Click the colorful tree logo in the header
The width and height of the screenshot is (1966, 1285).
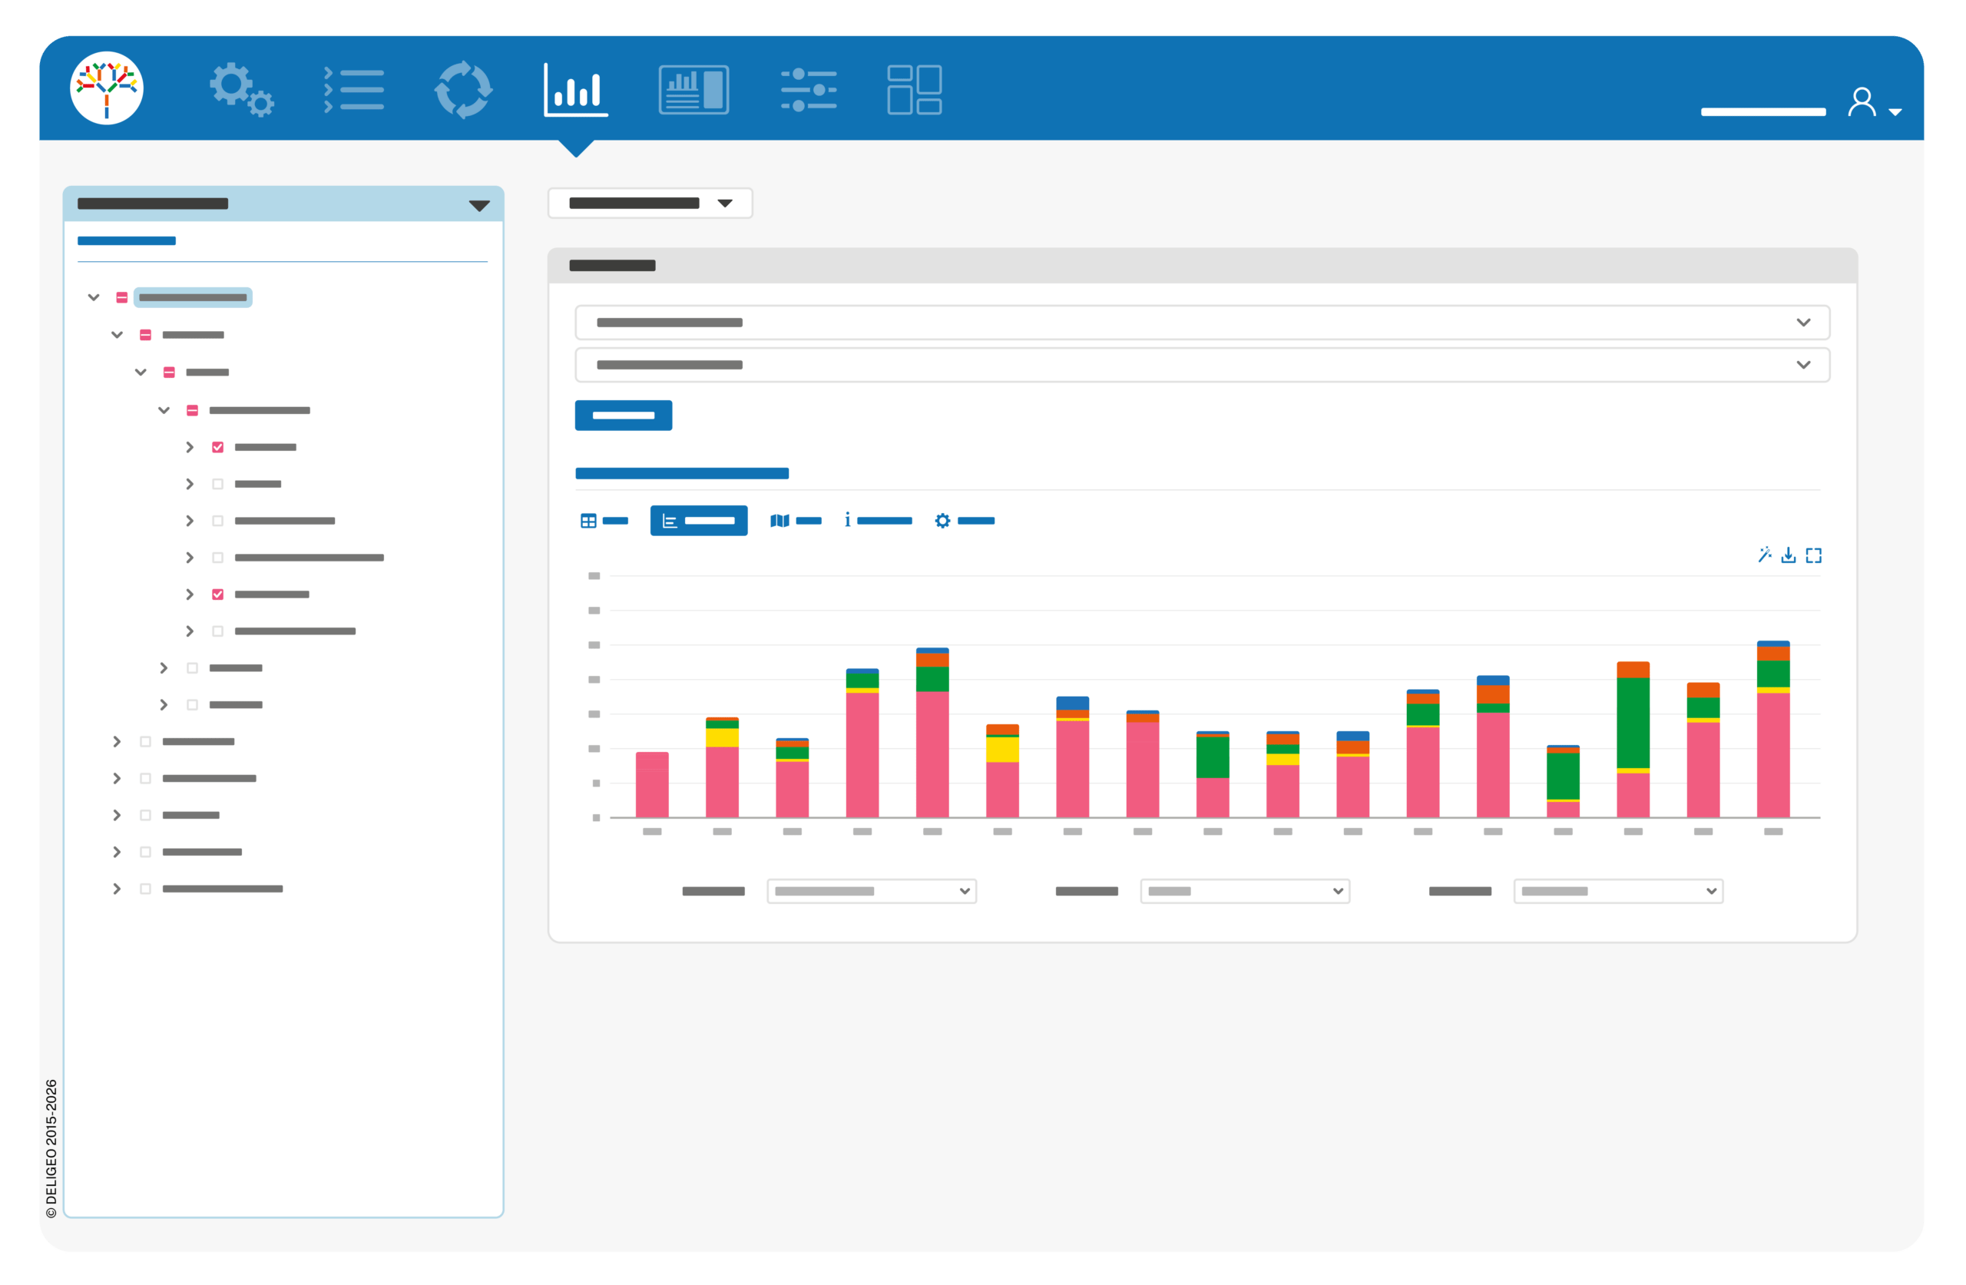point(107,88)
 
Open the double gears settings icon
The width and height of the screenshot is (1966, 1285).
point(241,89)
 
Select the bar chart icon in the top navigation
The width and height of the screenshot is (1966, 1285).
point(576,89)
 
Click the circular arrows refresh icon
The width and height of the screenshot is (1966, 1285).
point(463,89)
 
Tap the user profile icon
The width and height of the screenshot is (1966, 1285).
point(1862,102)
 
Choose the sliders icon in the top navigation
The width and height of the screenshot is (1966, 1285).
point(809,89)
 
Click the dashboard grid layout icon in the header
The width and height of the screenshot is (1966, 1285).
point(915,89)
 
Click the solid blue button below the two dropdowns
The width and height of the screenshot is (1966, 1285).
point(624,415)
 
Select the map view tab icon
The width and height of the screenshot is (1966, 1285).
point(779,521)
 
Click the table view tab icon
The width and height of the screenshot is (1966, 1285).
point(588,521)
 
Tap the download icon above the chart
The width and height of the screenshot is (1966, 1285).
point(1789,555)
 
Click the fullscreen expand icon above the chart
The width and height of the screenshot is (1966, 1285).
point(1814,555)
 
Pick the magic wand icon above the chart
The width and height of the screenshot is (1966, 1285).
point(1765,555)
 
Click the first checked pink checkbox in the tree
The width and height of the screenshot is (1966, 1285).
point(218,447)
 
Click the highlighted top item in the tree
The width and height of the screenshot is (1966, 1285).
point(193,297)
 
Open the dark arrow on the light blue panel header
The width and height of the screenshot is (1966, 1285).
point(479,206)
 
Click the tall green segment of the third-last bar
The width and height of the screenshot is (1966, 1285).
point(1633,723)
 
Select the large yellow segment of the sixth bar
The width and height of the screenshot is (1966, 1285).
point(1002,750)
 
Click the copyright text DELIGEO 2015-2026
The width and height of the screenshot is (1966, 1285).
point(51,1148)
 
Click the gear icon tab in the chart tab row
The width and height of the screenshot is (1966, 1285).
point(942,521)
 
